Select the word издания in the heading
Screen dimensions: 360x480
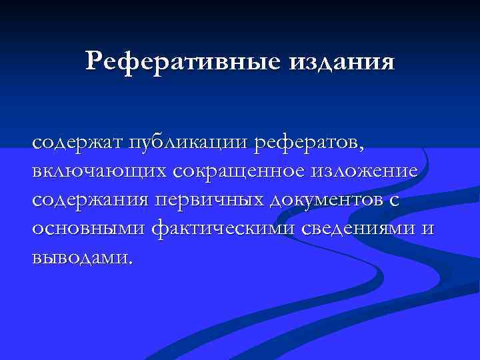[341, 61]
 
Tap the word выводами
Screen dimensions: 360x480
[79, 257]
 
